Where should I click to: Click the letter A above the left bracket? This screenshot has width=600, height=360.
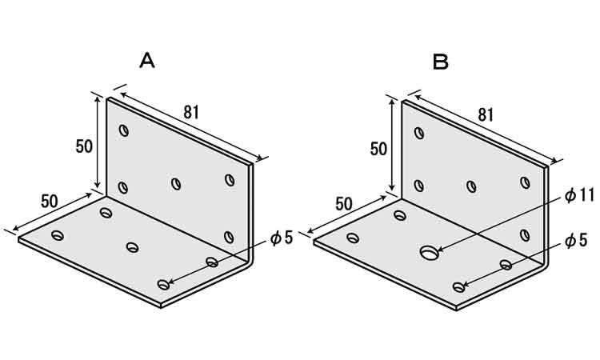pos(147,61)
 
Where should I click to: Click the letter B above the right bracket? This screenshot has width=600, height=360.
pos(440,62)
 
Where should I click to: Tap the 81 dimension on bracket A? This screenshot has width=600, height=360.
pos(192,112)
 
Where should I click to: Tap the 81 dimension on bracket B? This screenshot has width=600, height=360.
pos(486,114)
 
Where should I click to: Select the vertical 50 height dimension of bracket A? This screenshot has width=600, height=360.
pos(84,146)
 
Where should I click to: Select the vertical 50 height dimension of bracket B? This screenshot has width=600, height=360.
pos(378,149)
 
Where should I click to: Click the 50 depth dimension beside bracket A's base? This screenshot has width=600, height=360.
pos(50,202)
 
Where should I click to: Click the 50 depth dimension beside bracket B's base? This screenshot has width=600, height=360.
pos(344,204)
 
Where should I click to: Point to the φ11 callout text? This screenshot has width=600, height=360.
pos(579,195)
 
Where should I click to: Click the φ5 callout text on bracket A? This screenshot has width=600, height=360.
pos(282,238)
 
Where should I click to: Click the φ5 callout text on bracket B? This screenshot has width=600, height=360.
pos(575,241)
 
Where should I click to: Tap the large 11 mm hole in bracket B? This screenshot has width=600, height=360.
pos(430,252)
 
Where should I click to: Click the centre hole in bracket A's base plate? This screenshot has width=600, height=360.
pos(132,246)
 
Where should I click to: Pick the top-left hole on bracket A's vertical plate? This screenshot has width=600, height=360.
pos(123,130)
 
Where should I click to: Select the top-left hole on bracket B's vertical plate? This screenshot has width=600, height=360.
pos(419,133)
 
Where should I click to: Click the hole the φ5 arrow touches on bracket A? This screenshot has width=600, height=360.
pos(163,285)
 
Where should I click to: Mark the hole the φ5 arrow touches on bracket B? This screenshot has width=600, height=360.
pos(458,287)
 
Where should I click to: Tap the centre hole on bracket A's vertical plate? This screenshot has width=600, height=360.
pos(176,184)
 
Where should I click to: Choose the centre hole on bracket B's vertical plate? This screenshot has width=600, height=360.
pos(471,186)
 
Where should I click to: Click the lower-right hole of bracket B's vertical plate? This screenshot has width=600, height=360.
pos(525,235)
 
